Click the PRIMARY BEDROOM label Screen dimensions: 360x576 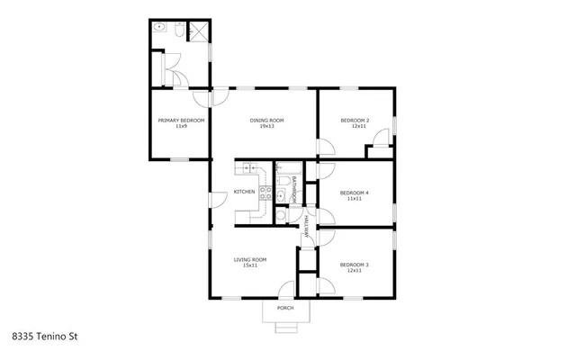[x=181, y=121]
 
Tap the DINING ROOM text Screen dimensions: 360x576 [x=266, y=121]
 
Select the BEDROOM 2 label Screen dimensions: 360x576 [x=355, y=121]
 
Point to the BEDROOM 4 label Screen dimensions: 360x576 [x=355, y=193]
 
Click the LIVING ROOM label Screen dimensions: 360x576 [x=251, y=260]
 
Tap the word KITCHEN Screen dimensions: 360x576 [x=245, y=192]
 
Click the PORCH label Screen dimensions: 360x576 [x=285, y=309]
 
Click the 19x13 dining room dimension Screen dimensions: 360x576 [x=266, y=127]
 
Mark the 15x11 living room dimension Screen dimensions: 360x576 [x=251, y=266]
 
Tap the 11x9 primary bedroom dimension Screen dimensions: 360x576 [x=181, y=127]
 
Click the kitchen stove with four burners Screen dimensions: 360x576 [x=266, y=190]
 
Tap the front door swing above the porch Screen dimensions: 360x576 [x=286, y=291]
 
